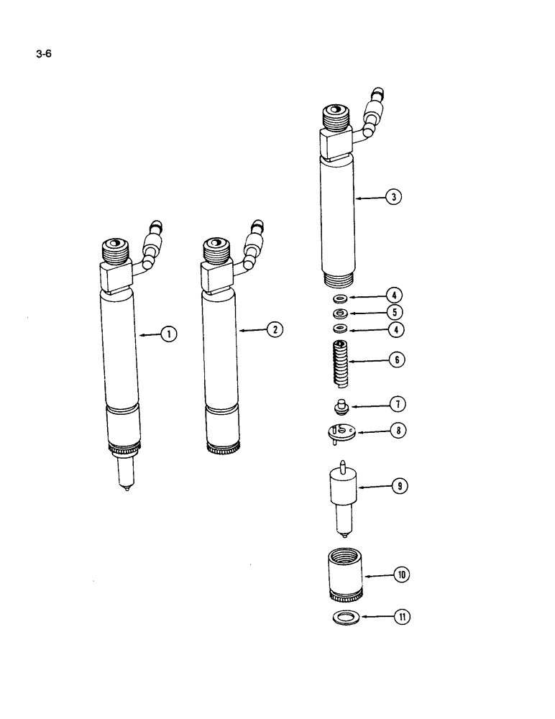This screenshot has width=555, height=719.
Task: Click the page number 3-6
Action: (42, 51)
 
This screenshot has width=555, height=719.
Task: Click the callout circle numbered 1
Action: (168, 334)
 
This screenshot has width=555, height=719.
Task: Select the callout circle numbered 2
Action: (273, 330)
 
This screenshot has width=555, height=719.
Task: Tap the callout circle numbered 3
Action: (393, 197)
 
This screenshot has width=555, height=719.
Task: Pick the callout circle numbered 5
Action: (395, 312)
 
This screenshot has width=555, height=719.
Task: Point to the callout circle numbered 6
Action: (396, 359)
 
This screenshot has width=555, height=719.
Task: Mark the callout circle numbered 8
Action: (396, 431)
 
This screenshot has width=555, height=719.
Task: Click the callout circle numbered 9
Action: (398, 487)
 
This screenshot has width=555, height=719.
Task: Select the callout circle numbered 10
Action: (400, 574)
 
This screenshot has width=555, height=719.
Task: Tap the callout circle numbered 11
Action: (400, 617)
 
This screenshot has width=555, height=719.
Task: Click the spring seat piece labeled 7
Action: (340, 408)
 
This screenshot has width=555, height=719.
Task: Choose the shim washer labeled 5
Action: (340, 313)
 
